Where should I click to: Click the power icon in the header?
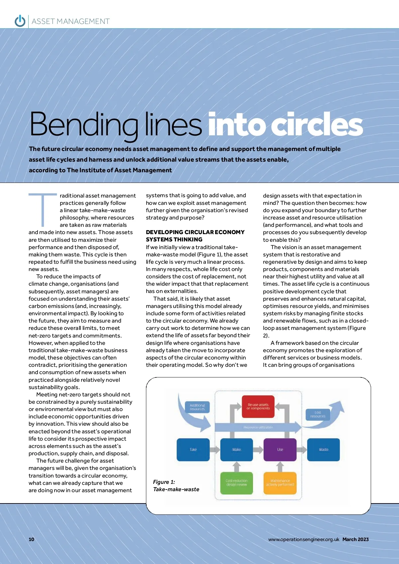pos(20,21)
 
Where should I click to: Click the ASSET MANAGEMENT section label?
pos(70,22)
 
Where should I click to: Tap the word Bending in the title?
pos(83,124)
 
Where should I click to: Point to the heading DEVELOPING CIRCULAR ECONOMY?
pos(195,232)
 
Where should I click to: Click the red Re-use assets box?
pos(258,406)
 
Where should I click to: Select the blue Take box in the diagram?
pos(193,450)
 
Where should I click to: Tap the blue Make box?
pos(236,450)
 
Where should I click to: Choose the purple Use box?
pos(280,450)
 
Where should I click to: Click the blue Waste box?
pos(324,450)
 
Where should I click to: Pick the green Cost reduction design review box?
pos(236,483)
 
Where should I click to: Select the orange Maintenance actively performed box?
pos(280,483)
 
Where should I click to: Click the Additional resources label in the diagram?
pos(197,407)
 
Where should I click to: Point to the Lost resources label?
pos(318,414)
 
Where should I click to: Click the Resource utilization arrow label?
pos(258,427)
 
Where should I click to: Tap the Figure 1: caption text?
pos(164,482)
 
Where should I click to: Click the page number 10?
pos(32,539)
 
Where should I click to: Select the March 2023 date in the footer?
pos(355,539)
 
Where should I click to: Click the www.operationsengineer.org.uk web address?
pos(304,539)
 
